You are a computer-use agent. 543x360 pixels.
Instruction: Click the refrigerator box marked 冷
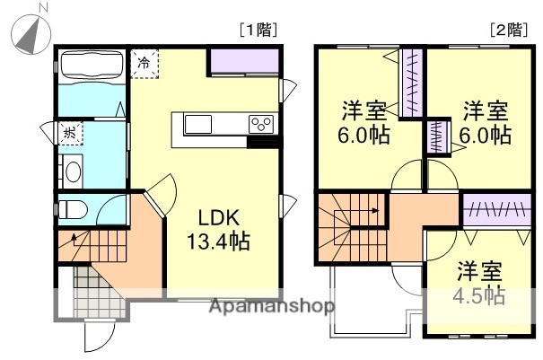point(145,64)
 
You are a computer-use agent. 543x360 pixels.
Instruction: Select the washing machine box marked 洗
point(69,133)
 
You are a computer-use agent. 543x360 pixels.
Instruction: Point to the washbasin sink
point(71,171)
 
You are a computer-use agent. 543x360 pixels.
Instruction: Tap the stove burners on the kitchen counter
point(261,124)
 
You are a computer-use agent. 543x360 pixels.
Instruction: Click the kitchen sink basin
point(198,124)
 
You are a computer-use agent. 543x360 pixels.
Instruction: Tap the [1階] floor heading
point(258,30)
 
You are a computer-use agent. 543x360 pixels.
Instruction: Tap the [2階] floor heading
point(509,30)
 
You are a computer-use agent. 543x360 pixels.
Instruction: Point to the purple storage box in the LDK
point(244,62)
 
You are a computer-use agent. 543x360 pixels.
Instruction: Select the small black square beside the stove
point(261,141)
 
